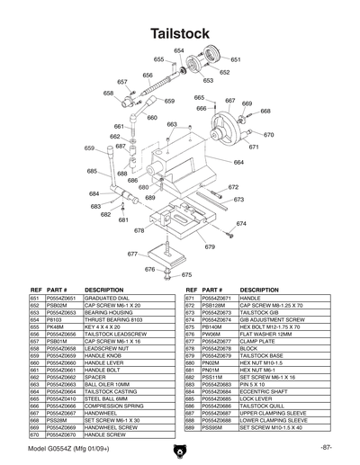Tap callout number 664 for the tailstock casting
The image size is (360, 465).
pos(238,163)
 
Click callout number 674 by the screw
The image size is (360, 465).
pos(240,223)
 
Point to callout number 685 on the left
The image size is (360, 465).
pos(92,171)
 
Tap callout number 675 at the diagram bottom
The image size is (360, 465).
pos(187,274)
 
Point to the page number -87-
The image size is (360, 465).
pos(326,448)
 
